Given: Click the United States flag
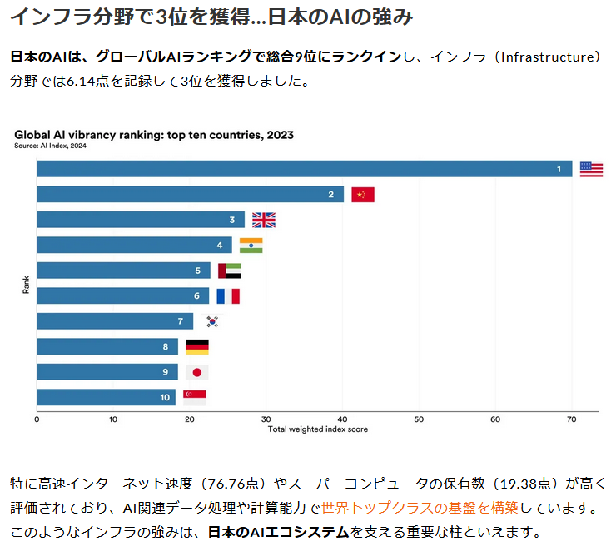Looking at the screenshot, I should (591, 169).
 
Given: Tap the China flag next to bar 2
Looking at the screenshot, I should (363, 195).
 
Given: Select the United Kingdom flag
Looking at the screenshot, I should (263, 220).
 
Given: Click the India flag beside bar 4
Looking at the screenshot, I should (251, 246).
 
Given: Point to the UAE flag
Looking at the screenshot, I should (229, 271).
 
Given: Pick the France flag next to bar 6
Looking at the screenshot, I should (228, 295).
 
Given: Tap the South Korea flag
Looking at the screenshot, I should (212, 321).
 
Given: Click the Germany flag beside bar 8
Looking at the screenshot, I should (197, 346).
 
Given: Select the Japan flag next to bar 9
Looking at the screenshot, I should (196, 372).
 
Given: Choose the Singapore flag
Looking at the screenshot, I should (195, 397).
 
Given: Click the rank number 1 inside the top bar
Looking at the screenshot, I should (559, 170).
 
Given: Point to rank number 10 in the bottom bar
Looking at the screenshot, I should (165, 398).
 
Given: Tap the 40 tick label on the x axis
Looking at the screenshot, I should (342, 419).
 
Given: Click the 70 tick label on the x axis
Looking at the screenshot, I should (572, 419).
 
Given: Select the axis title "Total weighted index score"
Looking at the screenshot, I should (318, 429).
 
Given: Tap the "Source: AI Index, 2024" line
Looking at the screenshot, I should (50, 146).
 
